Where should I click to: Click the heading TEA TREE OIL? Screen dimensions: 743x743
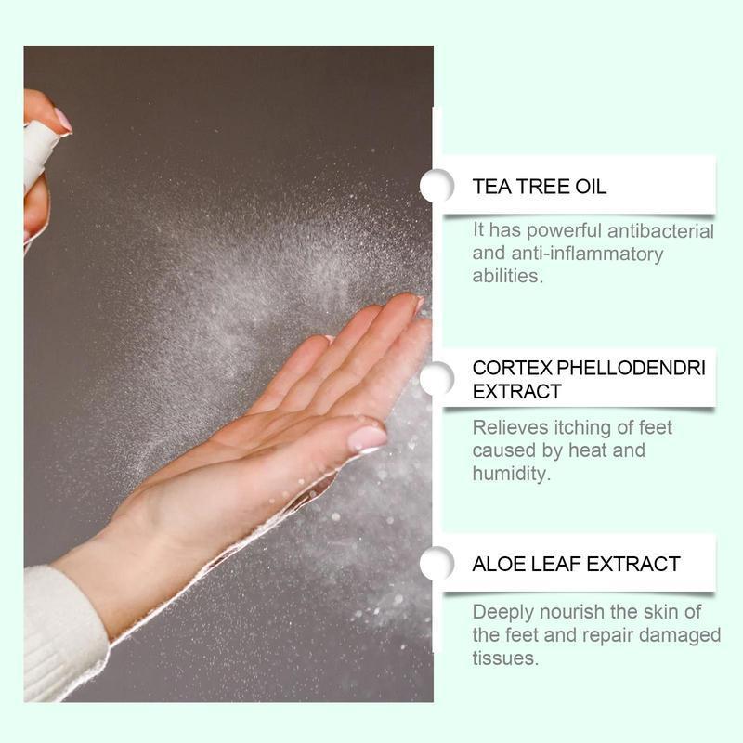pyautogui.click(x=540, y=187)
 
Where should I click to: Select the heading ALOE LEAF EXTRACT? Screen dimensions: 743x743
pyautogui.click(x=576, y=564)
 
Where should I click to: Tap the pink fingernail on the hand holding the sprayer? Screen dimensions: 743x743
pyautogui.click(x=61, y=119)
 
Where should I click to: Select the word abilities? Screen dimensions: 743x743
pyautogui.click(x=505, y=276)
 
